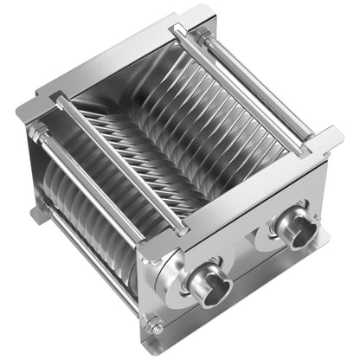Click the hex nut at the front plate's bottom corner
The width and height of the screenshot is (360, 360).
[x=155, y=327]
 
